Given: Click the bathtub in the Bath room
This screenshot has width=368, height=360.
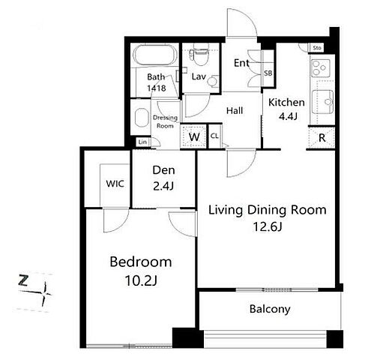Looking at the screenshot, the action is [x=155, y=55].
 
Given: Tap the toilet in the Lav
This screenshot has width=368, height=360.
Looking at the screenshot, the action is [x=199, y=56].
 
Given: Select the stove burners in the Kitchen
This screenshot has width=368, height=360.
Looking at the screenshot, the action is [x=320, y=67].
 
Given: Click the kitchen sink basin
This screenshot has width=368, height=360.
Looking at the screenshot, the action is [x=323, y=102].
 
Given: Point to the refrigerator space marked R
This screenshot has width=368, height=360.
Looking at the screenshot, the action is [x=322, y=138].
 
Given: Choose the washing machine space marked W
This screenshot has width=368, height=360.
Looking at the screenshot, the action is [x=194, y=136].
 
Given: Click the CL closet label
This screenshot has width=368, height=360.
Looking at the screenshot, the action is [x=214, y=136].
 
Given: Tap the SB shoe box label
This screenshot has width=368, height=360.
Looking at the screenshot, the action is [x=268, y=73].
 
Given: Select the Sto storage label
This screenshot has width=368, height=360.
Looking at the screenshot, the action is [x=317, y=47].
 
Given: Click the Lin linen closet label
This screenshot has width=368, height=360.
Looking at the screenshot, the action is [x=142, y=142].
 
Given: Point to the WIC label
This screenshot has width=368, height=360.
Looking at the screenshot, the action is [x=115, y=184].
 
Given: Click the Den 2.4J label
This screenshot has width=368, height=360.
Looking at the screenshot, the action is [x=163, y=178].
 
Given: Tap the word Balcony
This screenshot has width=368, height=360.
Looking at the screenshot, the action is [x=270, y=309].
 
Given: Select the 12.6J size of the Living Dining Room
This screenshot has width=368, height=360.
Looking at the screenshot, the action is [x=268, y=227].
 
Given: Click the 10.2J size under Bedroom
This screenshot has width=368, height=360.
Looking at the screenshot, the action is [x=141, y=280].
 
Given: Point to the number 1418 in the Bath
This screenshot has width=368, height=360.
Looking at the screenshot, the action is [x=157, y=88].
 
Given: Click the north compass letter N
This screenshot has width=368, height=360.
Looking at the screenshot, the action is [x=23, y=280].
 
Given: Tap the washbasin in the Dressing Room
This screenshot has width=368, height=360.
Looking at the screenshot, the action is [x=142, y=117].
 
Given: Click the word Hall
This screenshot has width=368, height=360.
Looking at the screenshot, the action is [x=235, y=110].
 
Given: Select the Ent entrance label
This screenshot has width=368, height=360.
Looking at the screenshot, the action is [x=241, y=63].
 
